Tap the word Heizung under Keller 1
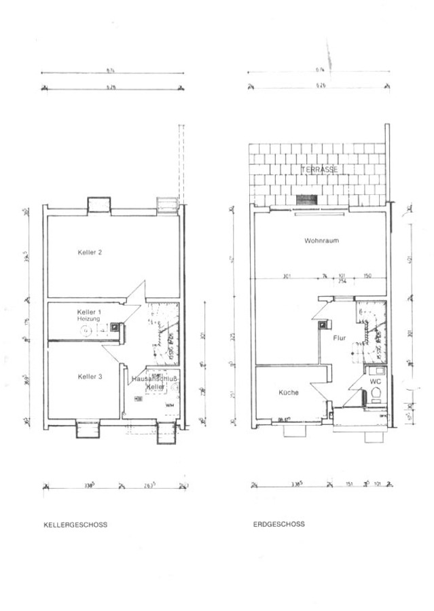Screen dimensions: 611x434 tap(88, 318)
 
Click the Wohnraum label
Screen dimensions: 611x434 tap(321, 241)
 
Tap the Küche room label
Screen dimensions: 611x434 tap(288, 392)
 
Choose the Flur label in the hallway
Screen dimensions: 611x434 tap(340, 337)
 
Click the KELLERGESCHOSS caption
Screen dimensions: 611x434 tap(75, 525)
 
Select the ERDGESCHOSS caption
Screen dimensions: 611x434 tap(278, 524)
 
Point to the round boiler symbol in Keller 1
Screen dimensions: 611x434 tap(86, 331)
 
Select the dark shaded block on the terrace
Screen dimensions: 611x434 tap(307, 199)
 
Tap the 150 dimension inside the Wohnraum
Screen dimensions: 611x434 tap(367, 276)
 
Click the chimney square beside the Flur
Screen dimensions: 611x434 tap(321, 324)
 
